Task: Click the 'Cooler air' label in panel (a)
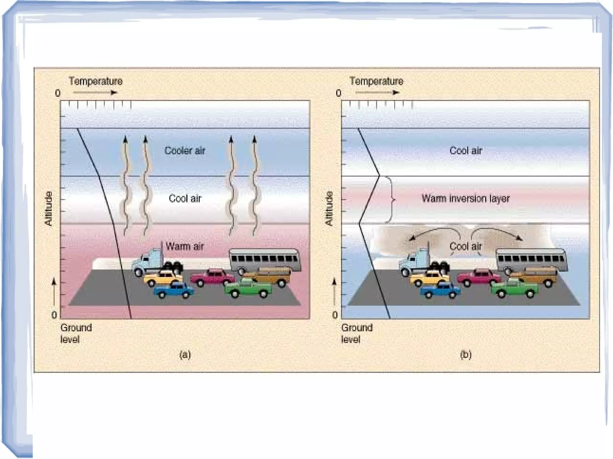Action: pyautogui.click(x=185, y=150)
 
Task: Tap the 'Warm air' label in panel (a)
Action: pyautogui.click(x=185, y=246)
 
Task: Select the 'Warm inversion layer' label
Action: pyautogui.click(x=465, y=198)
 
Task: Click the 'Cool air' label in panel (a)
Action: pyautogui.click(x=185, y=198)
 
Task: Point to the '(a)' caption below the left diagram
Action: pyautogui.click(x=185, y=355)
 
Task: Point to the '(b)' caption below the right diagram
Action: pyautogui.click(x=466, y=355)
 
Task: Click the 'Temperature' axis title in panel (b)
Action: pyautogui.click(x=376, y=81)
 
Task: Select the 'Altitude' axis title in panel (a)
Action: pyautogui.click(x=48, y=208)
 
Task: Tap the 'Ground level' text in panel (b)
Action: pyautogui.click(x=357, y=333)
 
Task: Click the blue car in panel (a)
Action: pyautogui.click(x=174, y=290)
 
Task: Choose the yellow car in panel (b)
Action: pyautogui.click(x=429, y=278)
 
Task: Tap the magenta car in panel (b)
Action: pyautogui.click(x=479, y=277)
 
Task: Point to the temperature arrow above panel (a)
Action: pyautogui.click(x=95, y=92)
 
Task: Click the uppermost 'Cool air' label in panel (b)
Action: pyautogui.click(x=465, y=150)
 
